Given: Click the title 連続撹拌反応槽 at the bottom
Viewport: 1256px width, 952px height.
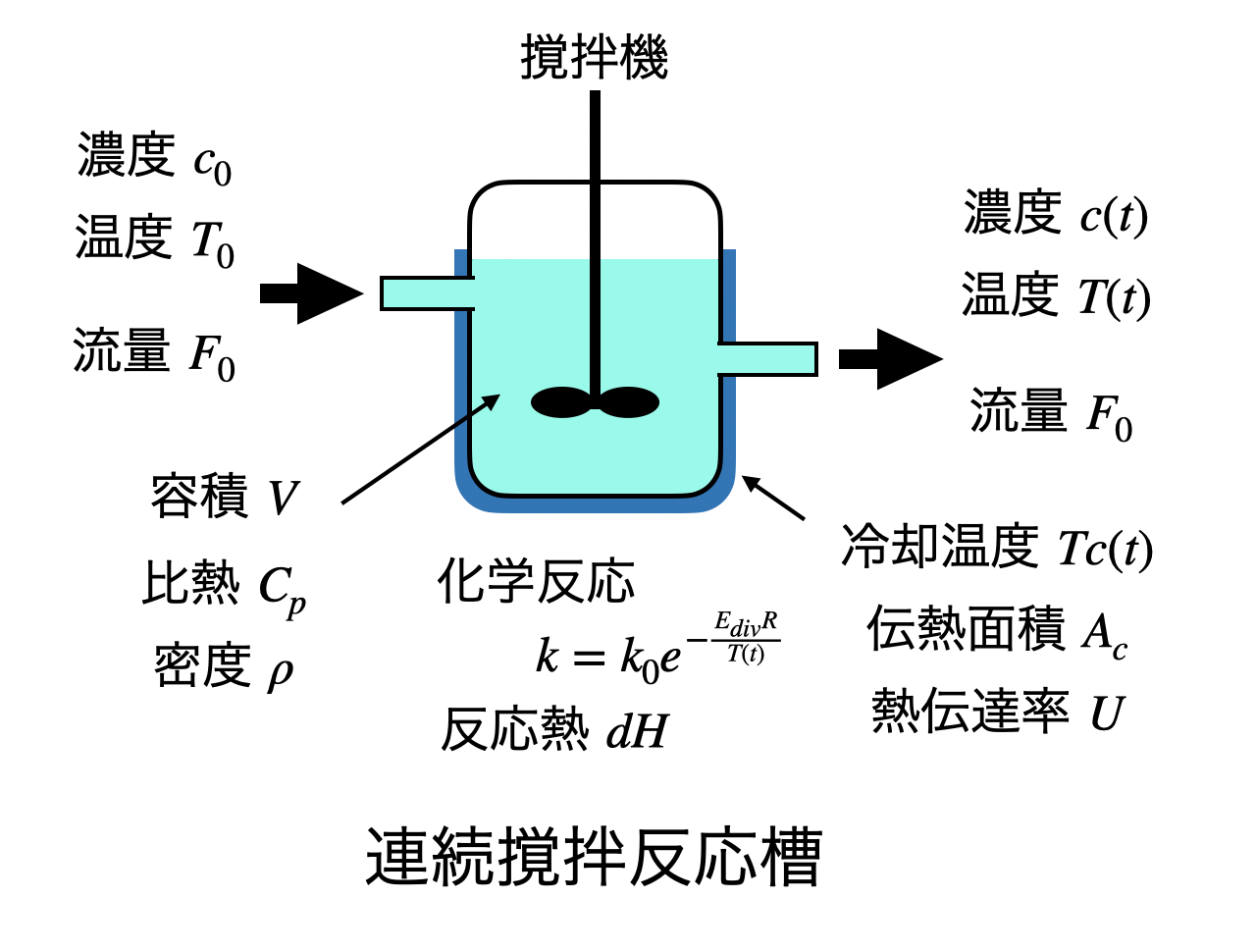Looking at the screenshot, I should point(594,857).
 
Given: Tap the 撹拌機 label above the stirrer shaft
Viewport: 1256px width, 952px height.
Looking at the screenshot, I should point(594,57).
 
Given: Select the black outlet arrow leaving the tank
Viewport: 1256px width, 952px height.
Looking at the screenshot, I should point(890,359).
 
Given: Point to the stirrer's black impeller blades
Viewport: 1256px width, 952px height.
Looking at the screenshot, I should point(595,402).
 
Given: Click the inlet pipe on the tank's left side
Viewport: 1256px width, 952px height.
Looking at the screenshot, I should point(427,293).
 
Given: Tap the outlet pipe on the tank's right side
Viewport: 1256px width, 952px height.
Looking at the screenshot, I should point(767,359).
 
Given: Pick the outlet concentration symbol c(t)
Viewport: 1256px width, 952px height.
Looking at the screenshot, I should point(1114,217).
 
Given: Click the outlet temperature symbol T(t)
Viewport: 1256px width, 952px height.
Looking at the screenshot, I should point(1114,297).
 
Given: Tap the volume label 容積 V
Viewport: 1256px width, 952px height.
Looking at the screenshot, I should point(225,498).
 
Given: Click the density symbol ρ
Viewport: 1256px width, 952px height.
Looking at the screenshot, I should point(280,673).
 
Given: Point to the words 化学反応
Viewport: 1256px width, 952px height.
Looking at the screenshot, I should point(536,582).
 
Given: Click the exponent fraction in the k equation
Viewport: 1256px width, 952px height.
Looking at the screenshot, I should point(746,638).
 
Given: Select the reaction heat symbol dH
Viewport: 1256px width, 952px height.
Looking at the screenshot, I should point(637,732).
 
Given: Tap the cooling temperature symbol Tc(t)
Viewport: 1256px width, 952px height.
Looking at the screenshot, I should point(1105,550).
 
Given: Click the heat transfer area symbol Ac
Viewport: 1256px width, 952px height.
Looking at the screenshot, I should point(1105,633).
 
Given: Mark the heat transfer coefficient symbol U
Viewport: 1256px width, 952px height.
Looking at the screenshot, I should point(1106,714).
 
